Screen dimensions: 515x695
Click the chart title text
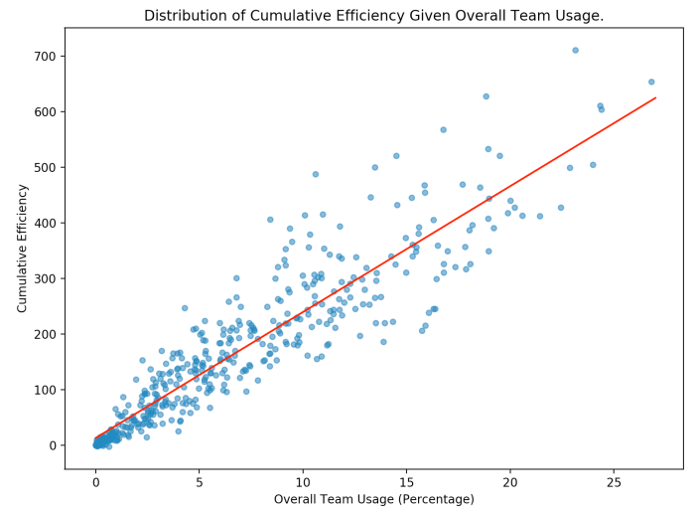click(x=373, y=16)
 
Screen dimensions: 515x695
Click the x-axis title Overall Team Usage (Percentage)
click(x=373, y=498)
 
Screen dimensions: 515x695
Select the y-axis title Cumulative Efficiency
click(x=22, y=248)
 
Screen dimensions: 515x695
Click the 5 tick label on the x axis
click(x=200, y=482)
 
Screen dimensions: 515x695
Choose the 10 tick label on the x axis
click(x=303, y=482)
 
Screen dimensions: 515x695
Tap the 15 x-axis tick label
click(x=407, y=482)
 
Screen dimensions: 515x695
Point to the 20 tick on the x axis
click(x=510, y=482)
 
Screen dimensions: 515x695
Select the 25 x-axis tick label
click(x=615, y=482)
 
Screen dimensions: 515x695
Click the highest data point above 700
click(x=575, y=50)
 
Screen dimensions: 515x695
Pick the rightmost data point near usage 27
click(x=651, y=82)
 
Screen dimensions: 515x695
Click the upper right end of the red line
click(x=655, y=97)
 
